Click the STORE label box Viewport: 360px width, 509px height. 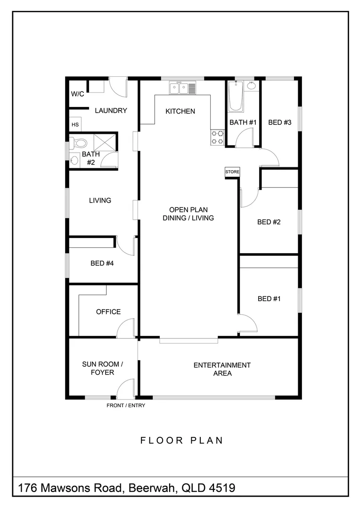(x=232, y=172)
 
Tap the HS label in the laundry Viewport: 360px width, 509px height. (x=75, y=125)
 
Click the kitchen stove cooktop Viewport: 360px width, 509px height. (x=217, y=137)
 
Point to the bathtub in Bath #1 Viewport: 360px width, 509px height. (x=235, y=97)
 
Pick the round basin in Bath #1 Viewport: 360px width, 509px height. (x=252, y=86)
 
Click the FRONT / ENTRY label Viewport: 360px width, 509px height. (x=126, y=405)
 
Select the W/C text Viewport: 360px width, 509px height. (x=77, y=94)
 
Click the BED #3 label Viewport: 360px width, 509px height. (x=280, y=123)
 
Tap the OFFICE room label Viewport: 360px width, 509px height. (x=108, y=312)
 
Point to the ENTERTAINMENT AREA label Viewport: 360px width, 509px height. (x=222, y=369)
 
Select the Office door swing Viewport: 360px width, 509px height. (x=125, y=329)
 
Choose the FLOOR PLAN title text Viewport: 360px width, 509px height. (x=181, y=441)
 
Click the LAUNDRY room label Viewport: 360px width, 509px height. (x=111, y=111)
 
